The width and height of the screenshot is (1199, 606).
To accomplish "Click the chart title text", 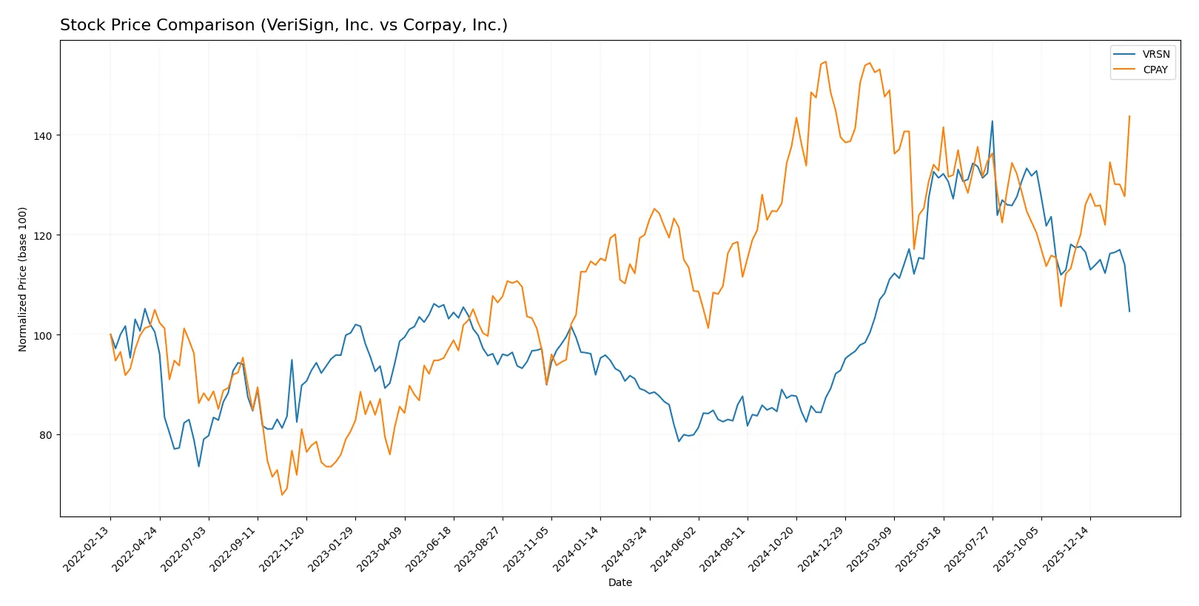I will [x=283, y=25].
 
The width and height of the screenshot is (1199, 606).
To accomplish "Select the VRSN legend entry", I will [x=1155, y=54].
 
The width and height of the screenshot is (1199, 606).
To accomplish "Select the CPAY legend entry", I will [x=1155, y=70].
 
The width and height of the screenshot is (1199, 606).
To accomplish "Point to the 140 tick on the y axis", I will [x=43, y=135].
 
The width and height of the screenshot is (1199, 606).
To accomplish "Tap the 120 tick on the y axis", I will [x=43, y=235].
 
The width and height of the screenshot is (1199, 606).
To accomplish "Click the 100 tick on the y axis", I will [x=43, y=335].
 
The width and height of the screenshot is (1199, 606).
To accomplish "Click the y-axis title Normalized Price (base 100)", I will [x=23, y=279].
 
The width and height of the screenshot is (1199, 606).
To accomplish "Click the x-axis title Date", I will [x=619, y=582].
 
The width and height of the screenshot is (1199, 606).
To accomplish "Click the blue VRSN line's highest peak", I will [x=993, y=121].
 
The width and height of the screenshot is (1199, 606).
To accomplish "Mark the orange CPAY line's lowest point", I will [x=282, y=494].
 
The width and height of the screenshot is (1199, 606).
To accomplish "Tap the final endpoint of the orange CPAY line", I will [x=1129, y=116].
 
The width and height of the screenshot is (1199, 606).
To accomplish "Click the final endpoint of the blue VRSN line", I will [x=1129, y=311].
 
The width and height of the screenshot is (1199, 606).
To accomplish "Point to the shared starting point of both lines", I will [x=111, y=335].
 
